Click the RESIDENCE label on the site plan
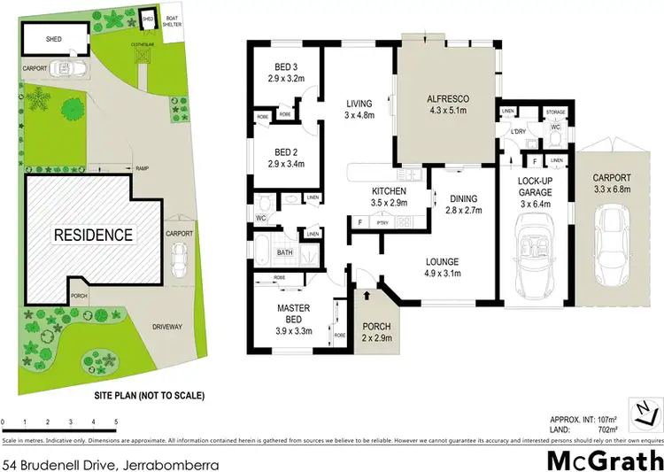tap(93, 235)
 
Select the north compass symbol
tap(645, 409)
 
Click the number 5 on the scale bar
tap(116, 422)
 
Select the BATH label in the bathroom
tap(285, 252)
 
